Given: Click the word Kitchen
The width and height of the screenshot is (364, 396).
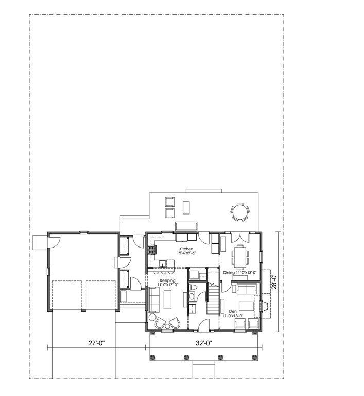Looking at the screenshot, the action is pyautogui.click(x=186, y=249).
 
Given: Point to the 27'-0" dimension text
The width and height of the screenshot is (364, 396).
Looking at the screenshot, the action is pyautogui.click(x=97, y=343).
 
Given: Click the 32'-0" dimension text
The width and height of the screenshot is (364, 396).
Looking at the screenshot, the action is pyautogui.click(x=204, y=343).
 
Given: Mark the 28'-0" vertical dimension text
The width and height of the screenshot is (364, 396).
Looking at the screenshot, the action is pyautogui.click(x=274, y=282).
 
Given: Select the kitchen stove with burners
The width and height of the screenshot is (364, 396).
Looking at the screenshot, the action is pyautogui.click(x=151, y=250).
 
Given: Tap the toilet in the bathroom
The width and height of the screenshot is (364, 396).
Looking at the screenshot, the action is pyautogui.click(x=193, y=288).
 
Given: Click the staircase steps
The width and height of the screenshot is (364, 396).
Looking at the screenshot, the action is pyautogui.click(x=213, y=300).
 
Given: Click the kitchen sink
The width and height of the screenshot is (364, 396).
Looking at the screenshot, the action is pyautogui.click(x=163, y=264).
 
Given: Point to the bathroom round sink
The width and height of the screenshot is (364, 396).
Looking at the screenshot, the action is pyautogui.click(x=192, y=296).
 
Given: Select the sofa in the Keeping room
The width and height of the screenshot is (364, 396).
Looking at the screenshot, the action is pyautogui.click(x=154, y=300).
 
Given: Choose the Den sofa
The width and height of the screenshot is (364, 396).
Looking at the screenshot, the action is pyautogui.click(x=246, y=289).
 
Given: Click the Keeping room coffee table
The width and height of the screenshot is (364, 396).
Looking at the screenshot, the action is pyautogui.click(x=167, y=300).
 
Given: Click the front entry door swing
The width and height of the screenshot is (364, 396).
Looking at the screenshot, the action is pyautogui.click(x=204, y=324).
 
